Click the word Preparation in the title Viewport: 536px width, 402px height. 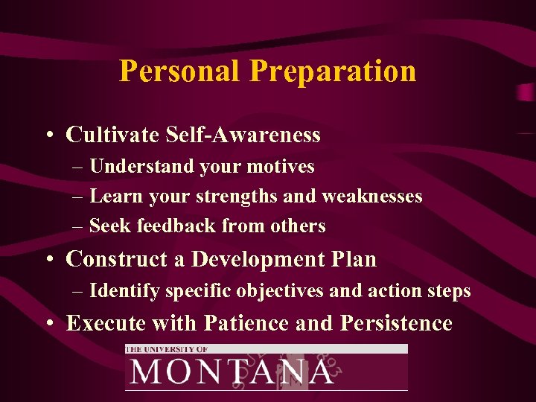[333, 71]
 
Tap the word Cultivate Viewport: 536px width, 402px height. [112, 135]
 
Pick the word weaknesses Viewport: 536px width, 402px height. [371, 197]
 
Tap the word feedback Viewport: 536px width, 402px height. [167, 226]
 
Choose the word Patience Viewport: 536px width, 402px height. [234, 323]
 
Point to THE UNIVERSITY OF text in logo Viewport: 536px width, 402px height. [167, 348]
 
